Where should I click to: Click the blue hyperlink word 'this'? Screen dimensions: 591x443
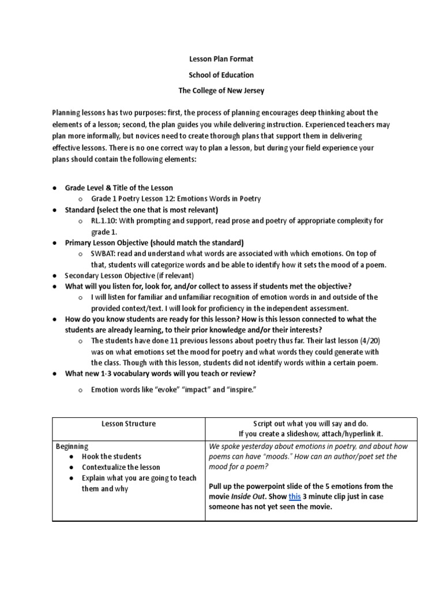tap(294, 497)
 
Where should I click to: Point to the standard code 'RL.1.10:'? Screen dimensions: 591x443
tap(105, 220)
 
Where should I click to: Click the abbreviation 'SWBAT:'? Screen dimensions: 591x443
tap(104, 254)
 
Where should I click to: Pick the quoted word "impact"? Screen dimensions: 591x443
tap(200, 390)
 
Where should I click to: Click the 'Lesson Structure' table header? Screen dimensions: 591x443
tap(129, 424)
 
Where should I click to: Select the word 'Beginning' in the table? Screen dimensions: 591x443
tap(72, 446)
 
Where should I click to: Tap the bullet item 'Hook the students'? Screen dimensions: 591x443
tap(112, 457)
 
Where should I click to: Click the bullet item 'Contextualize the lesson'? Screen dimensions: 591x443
tap(121, 467)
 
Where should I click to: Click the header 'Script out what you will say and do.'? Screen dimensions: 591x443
tap(311, 424)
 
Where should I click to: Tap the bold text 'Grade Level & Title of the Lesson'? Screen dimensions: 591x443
tap(119, 188)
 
